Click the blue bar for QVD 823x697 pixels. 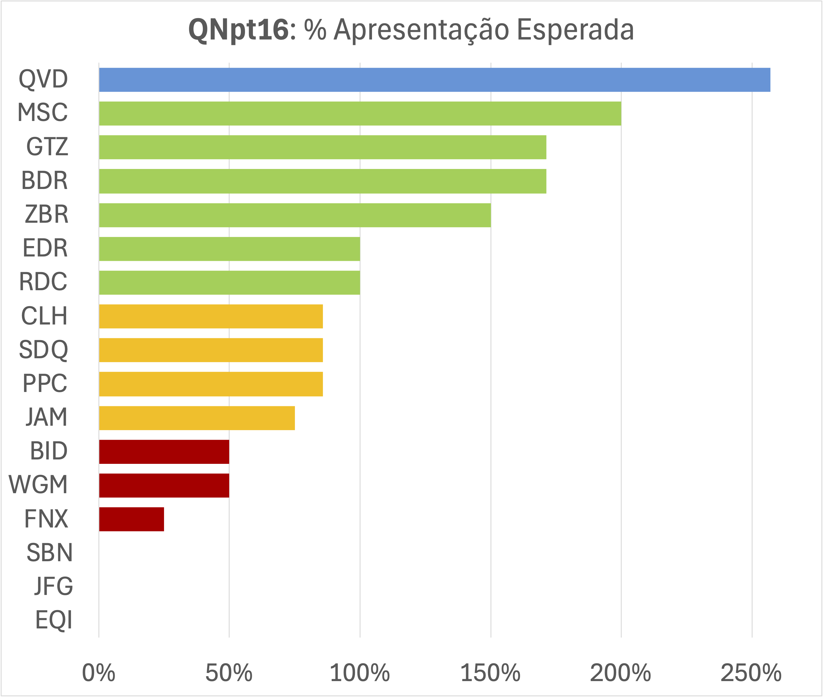[434, 80]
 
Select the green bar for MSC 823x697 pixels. [360, 113]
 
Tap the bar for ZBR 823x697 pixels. [295, 215]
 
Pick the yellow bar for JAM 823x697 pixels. [197, 418]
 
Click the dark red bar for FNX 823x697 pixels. [132, 519]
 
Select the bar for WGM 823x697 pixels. [164, 485]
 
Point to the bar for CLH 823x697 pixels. [211, 316]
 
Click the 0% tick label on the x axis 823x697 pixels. [98, 673]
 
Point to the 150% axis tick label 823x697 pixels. [490, 673]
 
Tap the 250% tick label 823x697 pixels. [751, 673]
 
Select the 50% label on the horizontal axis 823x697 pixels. [229, 673]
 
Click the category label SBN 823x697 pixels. [50, 552]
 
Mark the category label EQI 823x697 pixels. [54, 620]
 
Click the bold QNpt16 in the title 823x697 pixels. [239, 30]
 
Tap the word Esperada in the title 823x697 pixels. [575, 30]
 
